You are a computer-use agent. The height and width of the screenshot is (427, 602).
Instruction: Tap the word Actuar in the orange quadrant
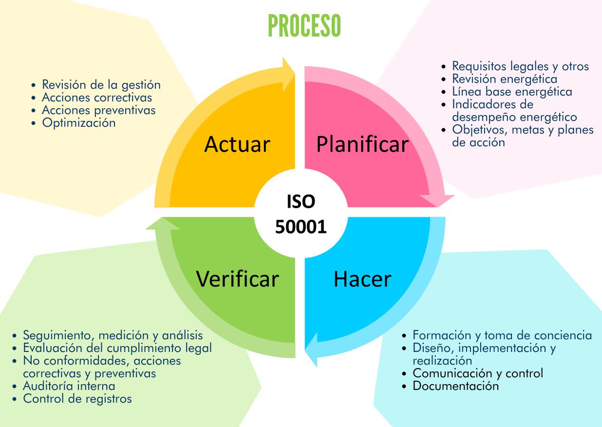237,144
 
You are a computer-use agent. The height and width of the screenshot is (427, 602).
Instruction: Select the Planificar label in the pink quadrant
362,144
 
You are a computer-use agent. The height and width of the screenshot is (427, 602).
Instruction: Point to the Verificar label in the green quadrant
237,279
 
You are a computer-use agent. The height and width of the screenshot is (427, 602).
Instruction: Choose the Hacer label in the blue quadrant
362,279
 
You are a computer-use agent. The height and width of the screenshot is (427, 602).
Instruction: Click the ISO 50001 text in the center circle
301,214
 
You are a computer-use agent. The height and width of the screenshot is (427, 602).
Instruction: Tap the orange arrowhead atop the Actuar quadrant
289,75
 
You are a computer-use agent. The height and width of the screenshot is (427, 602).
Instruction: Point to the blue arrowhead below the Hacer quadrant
311,349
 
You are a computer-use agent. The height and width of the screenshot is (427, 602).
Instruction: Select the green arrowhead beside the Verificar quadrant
163,223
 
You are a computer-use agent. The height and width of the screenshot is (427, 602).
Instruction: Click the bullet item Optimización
79,123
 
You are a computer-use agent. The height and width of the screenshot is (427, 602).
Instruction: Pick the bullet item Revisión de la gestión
101,85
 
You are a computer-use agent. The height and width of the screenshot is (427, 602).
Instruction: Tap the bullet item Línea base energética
512,92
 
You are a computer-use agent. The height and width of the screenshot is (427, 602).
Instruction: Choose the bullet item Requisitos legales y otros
520,66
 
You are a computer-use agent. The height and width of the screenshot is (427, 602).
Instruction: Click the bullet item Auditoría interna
69,386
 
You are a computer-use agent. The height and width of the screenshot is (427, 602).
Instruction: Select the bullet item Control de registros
77,399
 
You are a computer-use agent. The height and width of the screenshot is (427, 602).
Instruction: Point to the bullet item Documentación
456,386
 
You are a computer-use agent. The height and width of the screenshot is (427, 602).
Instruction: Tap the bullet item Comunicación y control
478,373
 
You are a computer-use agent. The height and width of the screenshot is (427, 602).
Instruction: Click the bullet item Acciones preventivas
99,110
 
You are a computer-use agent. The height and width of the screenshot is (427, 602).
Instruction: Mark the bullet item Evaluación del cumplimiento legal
117,348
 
